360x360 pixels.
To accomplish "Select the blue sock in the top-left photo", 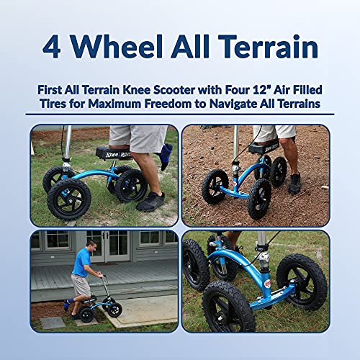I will pyautogui.click(x=164, y=154).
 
